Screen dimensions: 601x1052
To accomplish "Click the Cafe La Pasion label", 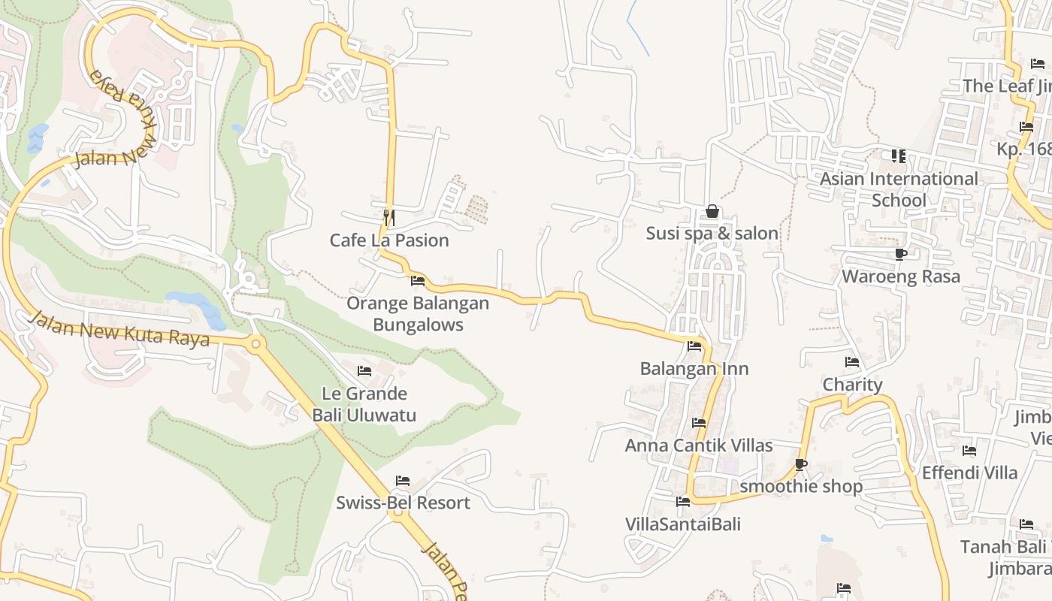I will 389,240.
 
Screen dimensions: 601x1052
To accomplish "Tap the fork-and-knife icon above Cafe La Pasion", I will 388,218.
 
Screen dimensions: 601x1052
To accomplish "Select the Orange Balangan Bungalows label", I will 418,314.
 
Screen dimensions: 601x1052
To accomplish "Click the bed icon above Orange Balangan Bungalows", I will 418,281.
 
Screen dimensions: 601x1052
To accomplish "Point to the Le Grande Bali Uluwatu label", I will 364,404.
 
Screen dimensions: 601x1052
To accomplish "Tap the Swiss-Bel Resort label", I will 403,503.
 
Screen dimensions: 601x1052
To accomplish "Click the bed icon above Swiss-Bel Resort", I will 403,481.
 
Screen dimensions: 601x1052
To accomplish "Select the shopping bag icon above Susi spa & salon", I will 712,212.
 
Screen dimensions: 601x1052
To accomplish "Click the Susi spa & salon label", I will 712,234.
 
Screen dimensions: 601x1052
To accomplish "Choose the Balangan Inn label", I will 694,369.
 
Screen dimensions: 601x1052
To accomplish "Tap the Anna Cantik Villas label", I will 699,445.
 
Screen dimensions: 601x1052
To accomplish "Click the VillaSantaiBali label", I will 682,524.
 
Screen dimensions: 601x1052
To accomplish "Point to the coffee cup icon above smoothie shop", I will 801,464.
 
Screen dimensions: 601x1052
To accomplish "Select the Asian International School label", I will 899,189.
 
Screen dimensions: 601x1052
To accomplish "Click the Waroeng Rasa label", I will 900,276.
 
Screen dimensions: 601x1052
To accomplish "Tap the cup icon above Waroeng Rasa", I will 900,255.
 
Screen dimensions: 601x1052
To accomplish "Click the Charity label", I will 852,385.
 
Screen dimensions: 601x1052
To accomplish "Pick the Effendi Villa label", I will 969,473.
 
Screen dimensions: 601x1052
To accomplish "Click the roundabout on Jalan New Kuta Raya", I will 255,345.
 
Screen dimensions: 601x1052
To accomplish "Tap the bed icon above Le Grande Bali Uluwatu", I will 364,371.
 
